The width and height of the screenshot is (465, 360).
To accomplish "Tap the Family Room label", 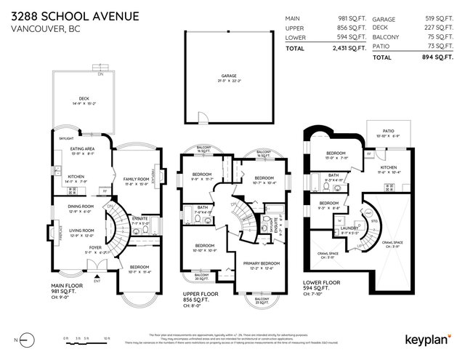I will pos(137,179).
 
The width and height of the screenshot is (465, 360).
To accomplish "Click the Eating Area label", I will pos(83,149).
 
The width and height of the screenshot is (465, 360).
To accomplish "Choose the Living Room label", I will pos(81,231).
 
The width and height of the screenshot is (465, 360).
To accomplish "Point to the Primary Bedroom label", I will pos(260,263).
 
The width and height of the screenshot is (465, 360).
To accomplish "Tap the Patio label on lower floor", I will pos(387,132).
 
